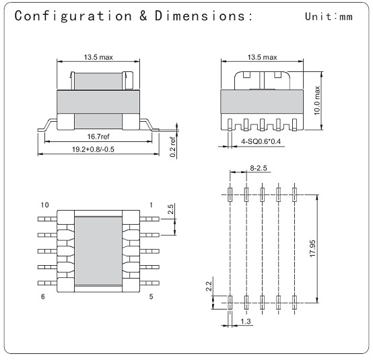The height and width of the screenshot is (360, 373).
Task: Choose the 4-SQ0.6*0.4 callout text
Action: (261, 143)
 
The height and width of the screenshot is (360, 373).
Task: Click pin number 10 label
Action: (45, 204)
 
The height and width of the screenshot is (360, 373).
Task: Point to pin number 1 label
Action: (152, 204)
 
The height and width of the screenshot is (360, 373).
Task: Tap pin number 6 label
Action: (45, 297)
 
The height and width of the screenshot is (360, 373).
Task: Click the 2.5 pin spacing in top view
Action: (170, 210)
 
